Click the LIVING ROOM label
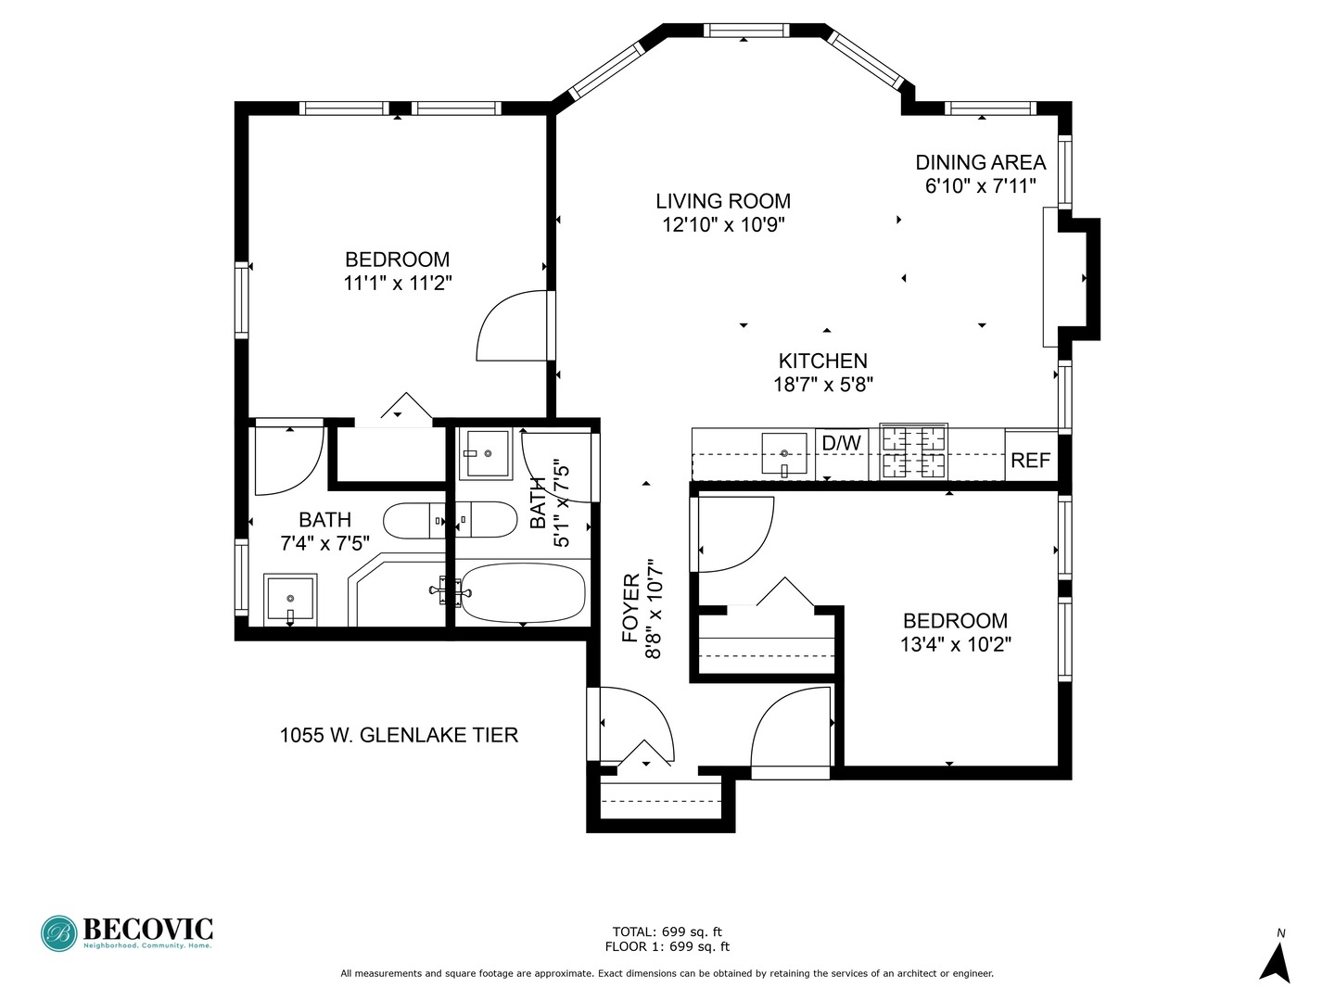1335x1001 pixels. pyautogui.click(x=723, y=201)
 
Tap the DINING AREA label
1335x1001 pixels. pyautogui.click(x=980, y=162)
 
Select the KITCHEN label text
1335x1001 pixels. pyautogui.click(x=822, y=361)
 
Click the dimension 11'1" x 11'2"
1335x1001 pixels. pyautogui.click(x=397, y=283)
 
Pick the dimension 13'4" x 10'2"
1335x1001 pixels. pyautogui.click(x=955, y=644)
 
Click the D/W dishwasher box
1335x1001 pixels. pyautogui.click(x=841, y=444)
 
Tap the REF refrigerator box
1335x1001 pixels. pyautogui.click(x=1030, y=460)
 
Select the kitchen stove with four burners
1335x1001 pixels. pyautogui.click(x=913, y=451)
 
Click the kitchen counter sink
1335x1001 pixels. pyautogui.click(x=784, y=454)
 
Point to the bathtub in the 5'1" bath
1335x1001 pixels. pyautogui.click(x=524, y=593)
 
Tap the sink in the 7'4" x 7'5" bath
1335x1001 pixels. pyautogui.click(x=290, y=600)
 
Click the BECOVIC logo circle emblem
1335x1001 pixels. pyautogui.click(x=59, y=933)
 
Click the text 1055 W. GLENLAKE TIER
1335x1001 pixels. pyautogui.click(x=399, y=736)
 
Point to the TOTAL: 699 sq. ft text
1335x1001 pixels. pyautogui.click(x=667, y=931)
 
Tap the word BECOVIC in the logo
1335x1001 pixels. pyautogui.click(x=148, y=928)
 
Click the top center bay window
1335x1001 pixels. pyautogui.click(x=746, y=31)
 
